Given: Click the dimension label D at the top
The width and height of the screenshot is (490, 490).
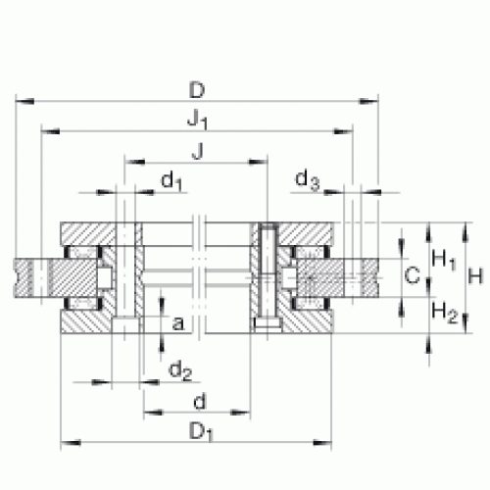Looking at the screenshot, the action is point(197,90).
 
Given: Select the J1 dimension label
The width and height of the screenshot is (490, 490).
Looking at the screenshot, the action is point(198,119).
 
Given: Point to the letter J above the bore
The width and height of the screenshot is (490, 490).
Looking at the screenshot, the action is point(198,151).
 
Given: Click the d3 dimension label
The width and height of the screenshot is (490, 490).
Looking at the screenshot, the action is point(307,179).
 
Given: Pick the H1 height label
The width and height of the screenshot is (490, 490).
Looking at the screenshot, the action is point(444,260).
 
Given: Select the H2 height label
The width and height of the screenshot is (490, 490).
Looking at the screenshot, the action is point(445,312).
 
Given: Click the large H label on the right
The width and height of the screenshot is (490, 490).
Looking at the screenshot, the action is point(475,276).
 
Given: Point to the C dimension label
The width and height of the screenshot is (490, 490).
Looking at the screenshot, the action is point(412,275).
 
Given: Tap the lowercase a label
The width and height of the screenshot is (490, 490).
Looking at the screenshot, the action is point(178,323).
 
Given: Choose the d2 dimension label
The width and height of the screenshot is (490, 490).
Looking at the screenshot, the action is point(180,371).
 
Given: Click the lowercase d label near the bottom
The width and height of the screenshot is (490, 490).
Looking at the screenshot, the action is point(200,402).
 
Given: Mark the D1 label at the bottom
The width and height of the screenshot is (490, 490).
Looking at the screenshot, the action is point(201,432).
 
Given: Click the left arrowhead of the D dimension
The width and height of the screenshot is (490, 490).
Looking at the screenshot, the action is point(24,102).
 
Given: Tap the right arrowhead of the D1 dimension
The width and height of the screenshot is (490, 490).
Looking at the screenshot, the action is point(322,443).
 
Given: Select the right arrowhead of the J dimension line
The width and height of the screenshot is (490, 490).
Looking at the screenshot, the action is point(258,162).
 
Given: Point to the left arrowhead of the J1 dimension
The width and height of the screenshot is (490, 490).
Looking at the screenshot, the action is point(50,131).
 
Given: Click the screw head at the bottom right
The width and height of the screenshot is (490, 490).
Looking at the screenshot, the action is point(268,324).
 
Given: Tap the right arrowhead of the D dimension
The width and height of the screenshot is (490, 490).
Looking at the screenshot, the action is point(369,102).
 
